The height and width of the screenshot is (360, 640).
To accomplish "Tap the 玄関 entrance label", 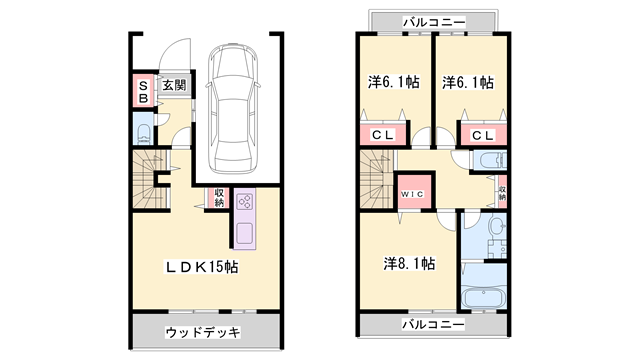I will (x=174, y=87).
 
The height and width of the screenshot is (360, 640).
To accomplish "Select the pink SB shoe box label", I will (x=142, y=92).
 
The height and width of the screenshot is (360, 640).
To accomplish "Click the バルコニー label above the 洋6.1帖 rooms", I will (x=433, y=20).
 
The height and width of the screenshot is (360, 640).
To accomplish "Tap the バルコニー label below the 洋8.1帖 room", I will (x=433, y=326).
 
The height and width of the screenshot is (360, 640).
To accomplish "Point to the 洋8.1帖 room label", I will (x=409, y=264).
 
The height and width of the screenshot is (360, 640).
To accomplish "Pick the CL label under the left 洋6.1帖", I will (x=383, y=135).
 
